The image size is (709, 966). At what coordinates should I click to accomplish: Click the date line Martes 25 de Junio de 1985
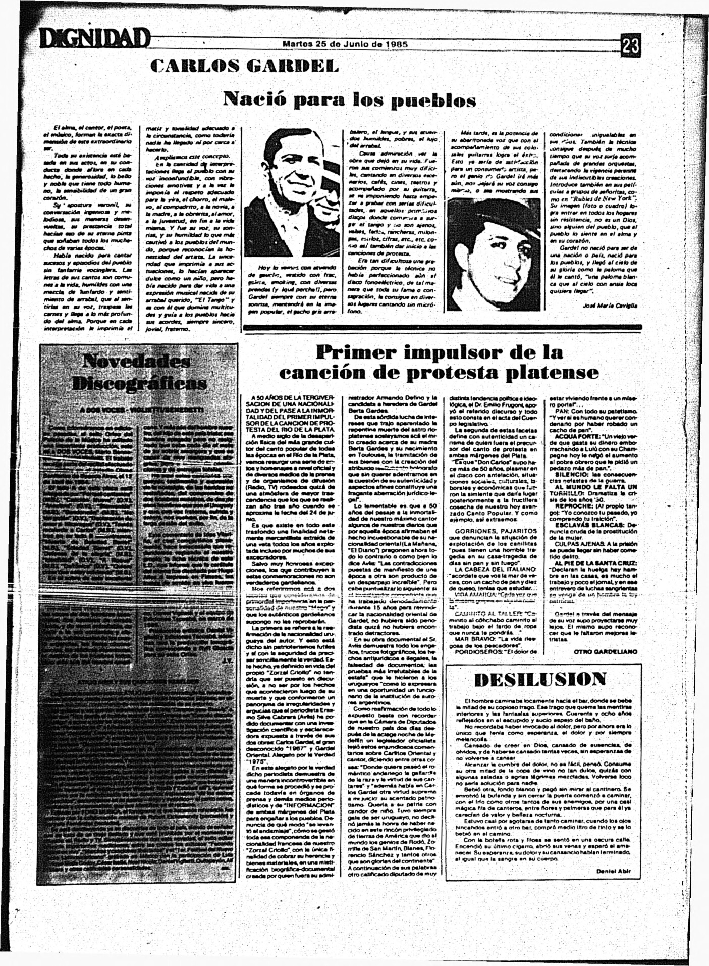[345, 44]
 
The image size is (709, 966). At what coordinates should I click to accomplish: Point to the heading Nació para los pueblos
[349, 99]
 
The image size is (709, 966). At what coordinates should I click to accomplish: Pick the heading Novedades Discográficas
[139, 372]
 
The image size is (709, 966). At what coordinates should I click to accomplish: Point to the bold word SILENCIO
[568, 474]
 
